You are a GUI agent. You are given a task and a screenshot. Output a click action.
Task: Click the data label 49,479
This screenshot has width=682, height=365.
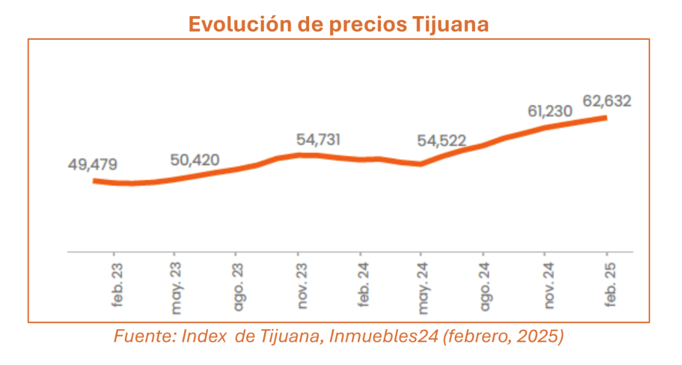tap(93, 164)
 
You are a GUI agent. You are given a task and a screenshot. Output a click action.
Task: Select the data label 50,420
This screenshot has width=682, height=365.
tap(194, 160)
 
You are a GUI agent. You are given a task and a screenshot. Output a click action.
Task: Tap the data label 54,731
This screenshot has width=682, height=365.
tap(319, 140)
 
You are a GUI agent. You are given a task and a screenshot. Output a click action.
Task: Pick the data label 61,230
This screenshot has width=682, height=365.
tap(550, 111)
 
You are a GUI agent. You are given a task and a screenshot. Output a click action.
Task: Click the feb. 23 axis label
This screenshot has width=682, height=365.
tap(117, 284)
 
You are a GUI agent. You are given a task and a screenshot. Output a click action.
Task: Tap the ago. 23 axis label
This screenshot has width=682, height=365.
tap(239, 286)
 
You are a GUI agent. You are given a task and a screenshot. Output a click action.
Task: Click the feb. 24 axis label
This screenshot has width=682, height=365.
tap(363, 284)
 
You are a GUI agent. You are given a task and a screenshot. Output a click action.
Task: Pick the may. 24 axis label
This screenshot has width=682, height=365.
tap(424, 287)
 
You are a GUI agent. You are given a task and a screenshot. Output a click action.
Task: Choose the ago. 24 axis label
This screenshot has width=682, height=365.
tap(485, 286)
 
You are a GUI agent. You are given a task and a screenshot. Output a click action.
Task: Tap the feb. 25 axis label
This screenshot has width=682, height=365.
tap(609, 284)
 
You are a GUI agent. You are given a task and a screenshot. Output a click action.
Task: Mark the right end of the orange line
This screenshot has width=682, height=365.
tap(605, 118)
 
